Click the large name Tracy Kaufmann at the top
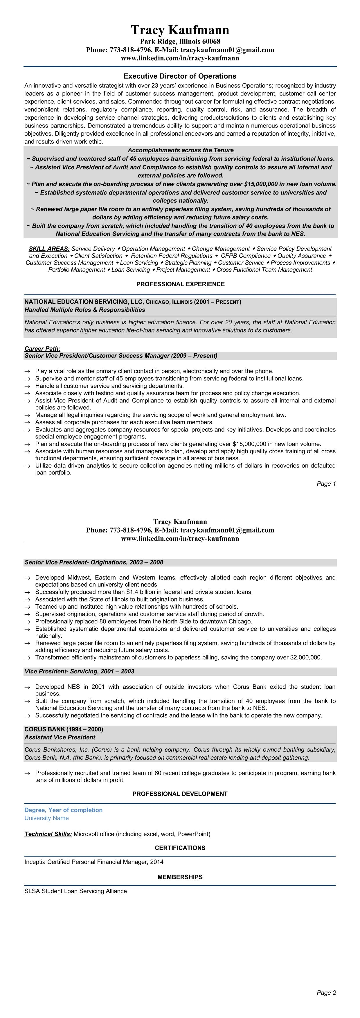coord(180,30)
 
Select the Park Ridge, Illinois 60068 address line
coord(180,42)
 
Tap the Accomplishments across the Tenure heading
coord(181,150)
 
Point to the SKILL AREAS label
coord(49,249)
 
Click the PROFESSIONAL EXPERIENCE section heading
coord(180,284)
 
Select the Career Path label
coord(42,348)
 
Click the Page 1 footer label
coord(326,484)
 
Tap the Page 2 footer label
coord(326,993)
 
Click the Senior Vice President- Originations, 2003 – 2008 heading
coord(94,562)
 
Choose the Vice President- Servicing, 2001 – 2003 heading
coord(79,671)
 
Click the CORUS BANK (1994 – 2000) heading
coord(64,729)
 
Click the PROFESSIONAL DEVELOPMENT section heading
coord(180,794)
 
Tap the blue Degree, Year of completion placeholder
coord(63,810)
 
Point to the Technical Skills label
coord(48,834)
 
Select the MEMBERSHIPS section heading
coord(180,877)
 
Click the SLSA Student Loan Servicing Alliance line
coord(75,891)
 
